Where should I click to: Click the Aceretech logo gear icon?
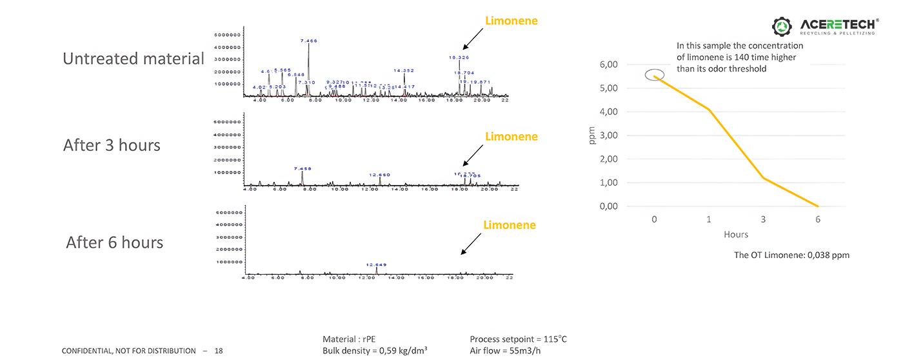pyautogui.click(x=783, y=26)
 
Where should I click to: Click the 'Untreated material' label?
pyautogui.click(x=134, y=59)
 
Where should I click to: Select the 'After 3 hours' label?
pyautogui.click(x=112, y=145)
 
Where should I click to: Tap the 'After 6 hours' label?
pyautogui.click(x=114, y=243)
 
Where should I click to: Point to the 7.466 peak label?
pyautogui.click(x=309, y=41)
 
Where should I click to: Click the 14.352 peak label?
pyautogui.click(x=404, y=70)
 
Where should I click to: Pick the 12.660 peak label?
pyautogui.click(x=379, y=174)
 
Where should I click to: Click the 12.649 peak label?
pyautogui.click(x=376, y=265)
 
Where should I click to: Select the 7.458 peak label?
pyautogui.click(x=303, y=168)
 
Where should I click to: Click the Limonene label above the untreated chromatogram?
pyautogui.click(x=511, y=21)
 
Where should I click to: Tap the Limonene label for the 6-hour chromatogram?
pyautogui.click(x=510, y=225)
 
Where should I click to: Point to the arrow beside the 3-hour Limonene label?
pyautogui.click(x=473, y=154)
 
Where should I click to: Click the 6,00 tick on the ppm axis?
pyautogui.click(x=610, y=65)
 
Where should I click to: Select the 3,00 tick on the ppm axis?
pyautogui.click(x=610, y=135)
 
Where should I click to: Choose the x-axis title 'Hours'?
pyautogui.click(x=736, y=235)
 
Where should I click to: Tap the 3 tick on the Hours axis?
pyautogui.click(x=763, y=219)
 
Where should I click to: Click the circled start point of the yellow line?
pyautogui.click(x=655, y=76)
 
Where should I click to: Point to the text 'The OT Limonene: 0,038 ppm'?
pyautogui.click(x=791, y=255)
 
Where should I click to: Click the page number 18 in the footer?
pyautogui.click(x=219, y=351)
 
